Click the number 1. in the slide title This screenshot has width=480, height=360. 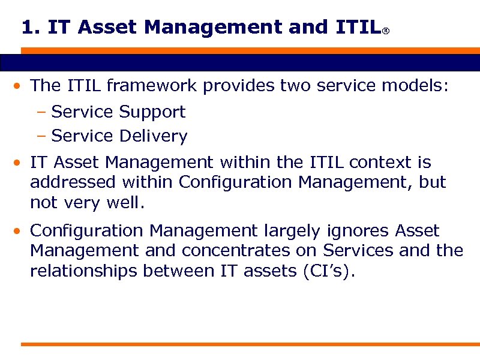point(31,28)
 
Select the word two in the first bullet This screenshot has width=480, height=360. point(293,86)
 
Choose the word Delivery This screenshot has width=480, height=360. point(153,136)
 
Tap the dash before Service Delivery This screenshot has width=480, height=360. point(41,137)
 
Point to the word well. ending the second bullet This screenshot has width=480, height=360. point(125,203)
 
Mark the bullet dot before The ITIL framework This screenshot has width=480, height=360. point(20,86)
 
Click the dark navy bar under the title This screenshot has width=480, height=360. point(240,63)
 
